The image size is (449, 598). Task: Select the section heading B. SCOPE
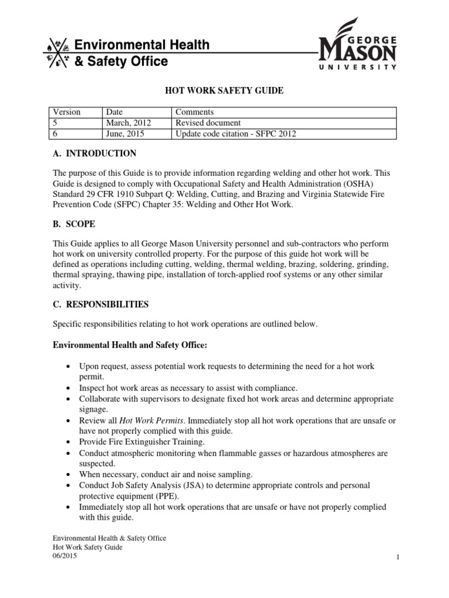[x=74, y=224]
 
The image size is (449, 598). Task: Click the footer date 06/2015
[x=64, y=557]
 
